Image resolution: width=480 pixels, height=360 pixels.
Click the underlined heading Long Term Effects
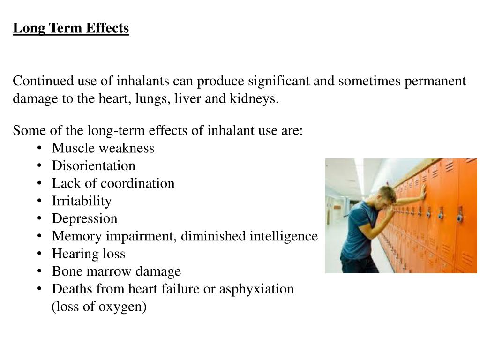point(71,29)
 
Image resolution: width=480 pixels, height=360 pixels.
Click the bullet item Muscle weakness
point(103,148)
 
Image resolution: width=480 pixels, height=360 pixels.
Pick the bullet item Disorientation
point(94,166)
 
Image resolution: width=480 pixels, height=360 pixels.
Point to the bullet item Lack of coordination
point(113,183)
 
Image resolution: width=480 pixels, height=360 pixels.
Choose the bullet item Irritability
point(82,201)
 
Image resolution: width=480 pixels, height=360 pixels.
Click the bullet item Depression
point(85,219)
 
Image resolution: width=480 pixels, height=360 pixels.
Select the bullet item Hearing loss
point(89,254)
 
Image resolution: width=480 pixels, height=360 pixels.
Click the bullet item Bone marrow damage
point(116,271)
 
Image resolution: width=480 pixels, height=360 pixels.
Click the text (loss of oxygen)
point(99,307)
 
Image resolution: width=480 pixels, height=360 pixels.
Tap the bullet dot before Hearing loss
point(41,254)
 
